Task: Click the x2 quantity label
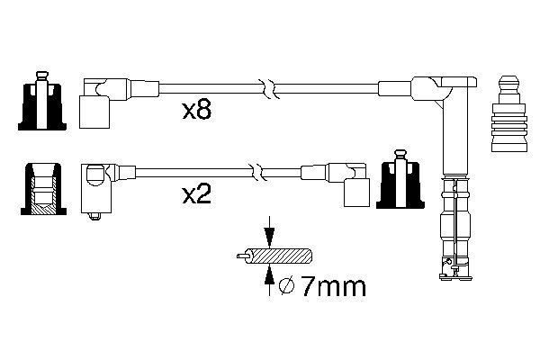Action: pos(197,196)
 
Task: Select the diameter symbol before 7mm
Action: pos(287,288)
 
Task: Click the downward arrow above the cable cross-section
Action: pos(269,237)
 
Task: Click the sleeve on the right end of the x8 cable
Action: pos(395,88)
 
